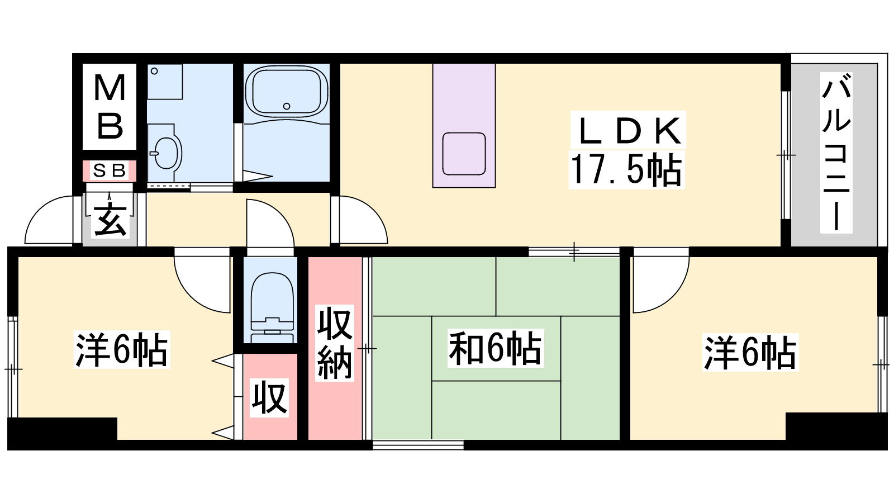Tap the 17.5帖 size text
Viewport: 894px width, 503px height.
coord(626,170)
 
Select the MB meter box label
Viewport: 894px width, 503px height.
coord(110,107)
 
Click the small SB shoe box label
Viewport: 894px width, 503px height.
coord(109,171)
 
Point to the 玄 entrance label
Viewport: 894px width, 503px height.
coord(110,221)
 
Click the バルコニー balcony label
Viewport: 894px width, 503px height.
coord(836,153)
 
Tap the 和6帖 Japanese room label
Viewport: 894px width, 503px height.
coord(495,348)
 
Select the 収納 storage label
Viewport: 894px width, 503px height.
coord(335,343)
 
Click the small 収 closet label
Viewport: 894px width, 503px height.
coord(269,397)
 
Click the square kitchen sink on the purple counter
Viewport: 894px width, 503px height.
coord(464,154)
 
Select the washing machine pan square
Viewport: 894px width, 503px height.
coord(165,82)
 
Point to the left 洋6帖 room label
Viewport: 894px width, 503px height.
coord(122,349)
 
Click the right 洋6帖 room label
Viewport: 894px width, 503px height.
coord(750,353)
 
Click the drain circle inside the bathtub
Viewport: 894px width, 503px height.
coord(287,106)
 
